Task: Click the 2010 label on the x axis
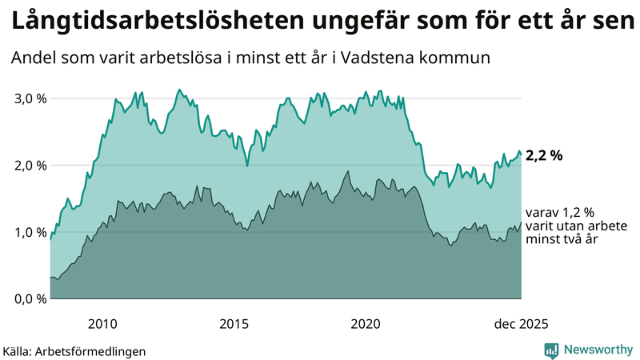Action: [x=102, y=324]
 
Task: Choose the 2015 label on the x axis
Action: [x=234, y=324]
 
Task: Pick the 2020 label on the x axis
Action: [x=366, y=324]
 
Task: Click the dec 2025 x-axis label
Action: [x=521, y=324]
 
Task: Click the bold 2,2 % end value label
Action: [x=544, y=156]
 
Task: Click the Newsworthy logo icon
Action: [x=552, y=350]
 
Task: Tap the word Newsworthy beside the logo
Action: [x=598, y=350]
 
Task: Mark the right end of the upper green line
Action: [x=521, y=154]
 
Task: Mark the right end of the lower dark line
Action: [x=521, y=222]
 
